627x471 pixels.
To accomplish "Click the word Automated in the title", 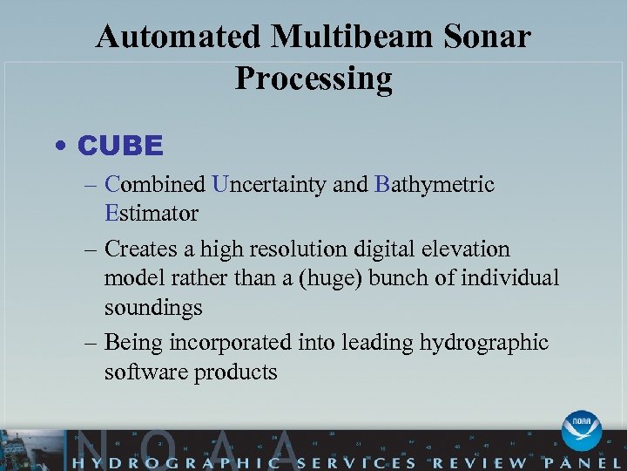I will [x=179, y=38].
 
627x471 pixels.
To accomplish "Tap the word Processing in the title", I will [x=313, y=79].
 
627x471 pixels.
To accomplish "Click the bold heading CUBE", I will [x=120, y=146].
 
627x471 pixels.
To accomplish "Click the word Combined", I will [x=155, y=185].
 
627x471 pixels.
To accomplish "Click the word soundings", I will [x=153, y=308].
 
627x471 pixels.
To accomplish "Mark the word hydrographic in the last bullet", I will [x=484, y=343].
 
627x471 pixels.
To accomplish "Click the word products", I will [x=234, y=372].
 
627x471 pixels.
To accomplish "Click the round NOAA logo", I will [x=581, y=430].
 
